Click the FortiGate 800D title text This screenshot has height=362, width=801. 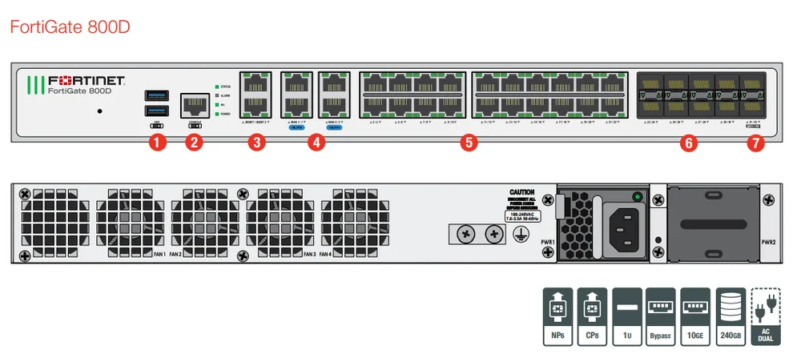tap(70, 27)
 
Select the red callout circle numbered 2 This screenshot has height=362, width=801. tap(193, 143)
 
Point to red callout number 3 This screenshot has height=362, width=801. tap(256, 143)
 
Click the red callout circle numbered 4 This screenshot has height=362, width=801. tap(317, 143)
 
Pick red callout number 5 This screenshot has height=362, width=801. tap(469, 143)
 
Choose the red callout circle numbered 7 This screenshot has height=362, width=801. tap(755, 143)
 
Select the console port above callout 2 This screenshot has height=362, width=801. tap(193, 103)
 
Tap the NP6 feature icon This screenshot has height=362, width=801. tap(557, 316)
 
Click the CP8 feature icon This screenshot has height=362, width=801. tap(592, 316)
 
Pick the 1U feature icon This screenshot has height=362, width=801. tap(626, 316)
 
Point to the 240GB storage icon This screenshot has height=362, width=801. tap(730, 316)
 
